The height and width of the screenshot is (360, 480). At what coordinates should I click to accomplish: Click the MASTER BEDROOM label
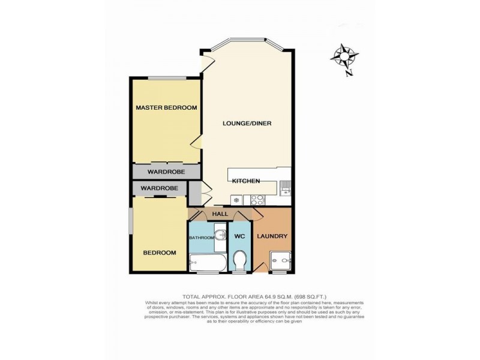[166, 108]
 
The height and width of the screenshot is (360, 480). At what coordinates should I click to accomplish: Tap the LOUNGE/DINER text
[247, 124]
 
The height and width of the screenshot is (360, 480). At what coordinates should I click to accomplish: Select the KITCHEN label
[245, 181]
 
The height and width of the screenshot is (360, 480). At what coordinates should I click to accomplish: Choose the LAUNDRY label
[273, 236]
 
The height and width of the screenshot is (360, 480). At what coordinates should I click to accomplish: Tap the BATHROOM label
[202, 238]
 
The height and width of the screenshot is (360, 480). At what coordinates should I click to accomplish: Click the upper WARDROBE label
[166, 172]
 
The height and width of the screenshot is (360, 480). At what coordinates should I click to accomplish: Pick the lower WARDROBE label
[159, 188]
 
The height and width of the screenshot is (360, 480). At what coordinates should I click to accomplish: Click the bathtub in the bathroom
[207, 262]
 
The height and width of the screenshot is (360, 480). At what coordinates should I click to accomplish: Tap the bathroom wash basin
[220, 233]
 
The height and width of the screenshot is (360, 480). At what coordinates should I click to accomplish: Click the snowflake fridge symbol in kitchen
[236, 199]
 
